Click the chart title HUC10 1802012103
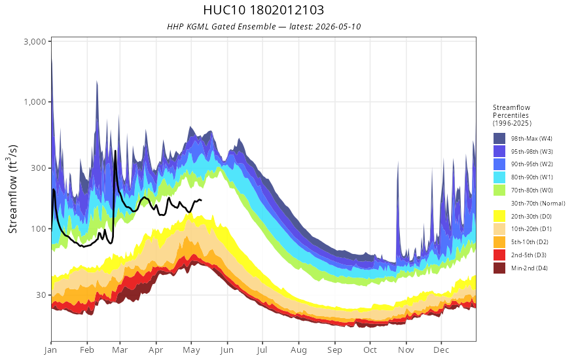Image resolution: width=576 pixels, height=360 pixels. (x=263, y=10)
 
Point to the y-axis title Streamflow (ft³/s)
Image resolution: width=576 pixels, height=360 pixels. (x=12, y=189)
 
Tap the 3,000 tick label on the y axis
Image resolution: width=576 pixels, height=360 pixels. (x=35, y=41)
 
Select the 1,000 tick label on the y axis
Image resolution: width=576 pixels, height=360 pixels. (x=35, y=101)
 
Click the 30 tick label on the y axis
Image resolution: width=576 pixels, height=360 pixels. (x=41, y=295)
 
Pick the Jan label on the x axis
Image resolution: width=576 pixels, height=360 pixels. (x=51, y=350)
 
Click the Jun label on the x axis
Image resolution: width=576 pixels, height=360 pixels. (x=227, y=350)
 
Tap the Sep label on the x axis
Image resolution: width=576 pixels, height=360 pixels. (x=334, y=350)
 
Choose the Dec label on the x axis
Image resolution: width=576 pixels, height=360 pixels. (x=441, y=350)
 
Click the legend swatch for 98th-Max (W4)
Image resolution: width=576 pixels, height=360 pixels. (x=499, y=139)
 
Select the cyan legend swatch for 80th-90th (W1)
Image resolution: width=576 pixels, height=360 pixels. (x=499, y=177)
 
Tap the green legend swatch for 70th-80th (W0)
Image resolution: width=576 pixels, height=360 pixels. (x=499, y=190)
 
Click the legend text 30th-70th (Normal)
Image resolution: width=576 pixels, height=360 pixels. (x=538, y=203)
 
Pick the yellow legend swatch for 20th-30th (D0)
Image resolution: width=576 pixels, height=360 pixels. (x=499, y=216)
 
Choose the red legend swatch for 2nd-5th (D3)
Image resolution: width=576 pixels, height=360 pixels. (x=499, y=255)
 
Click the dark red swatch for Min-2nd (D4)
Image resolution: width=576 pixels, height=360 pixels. (x=499, y=268)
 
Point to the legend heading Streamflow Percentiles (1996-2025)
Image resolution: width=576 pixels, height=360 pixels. (x=512, y=115)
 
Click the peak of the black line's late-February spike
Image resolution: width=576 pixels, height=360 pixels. (x=115, y=151)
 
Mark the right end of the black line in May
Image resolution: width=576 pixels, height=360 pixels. (x=202, y=200)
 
